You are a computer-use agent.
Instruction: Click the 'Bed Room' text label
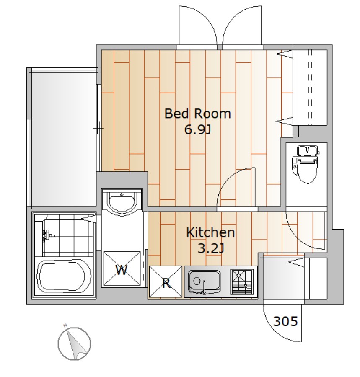tap(197, 114)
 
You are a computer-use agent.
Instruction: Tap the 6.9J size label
tap(197, 129)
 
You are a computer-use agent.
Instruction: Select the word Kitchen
tap(210, 232)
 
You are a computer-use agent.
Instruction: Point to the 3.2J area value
tap(211, 248)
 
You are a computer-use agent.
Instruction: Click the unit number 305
tap(285, 321)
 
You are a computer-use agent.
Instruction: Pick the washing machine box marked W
tap(122, 269)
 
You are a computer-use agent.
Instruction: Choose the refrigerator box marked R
tap(166, 281)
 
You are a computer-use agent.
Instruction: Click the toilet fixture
tap(306, 163)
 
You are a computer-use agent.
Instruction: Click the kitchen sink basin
tap(204, 281)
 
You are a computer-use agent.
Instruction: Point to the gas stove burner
tap(242, 282)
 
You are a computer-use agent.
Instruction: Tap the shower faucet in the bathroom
tap(47, 235)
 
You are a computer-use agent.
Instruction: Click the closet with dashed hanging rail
tap(310, 88)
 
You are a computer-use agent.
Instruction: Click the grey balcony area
tap(64, 139)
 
